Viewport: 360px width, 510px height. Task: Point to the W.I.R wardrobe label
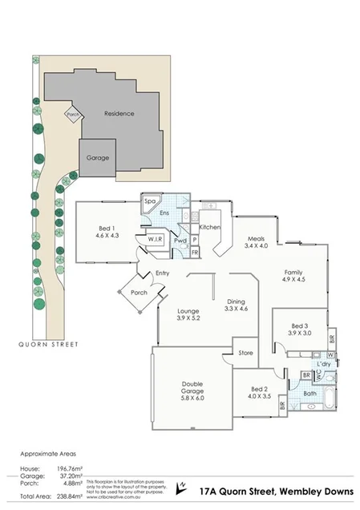(x=156, y=239)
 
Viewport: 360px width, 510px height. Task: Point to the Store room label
(x=245, y=352)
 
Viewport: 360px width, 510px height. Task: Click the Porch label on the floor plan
(x=140, y=292)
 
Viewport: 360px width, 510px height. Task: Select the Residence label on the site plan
(x=119, y=114)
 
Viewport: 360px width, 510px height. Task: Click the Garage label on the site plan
(x=98, y=158)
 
